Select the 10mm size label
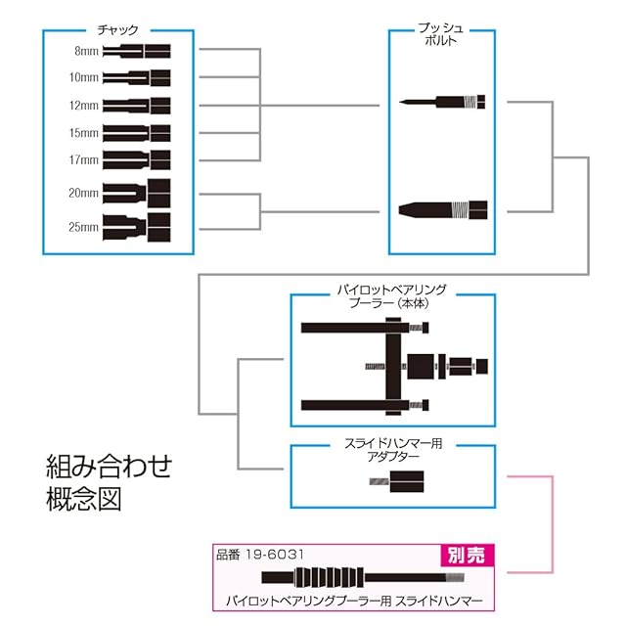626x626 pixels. pyautogui.click(x=83, y=76)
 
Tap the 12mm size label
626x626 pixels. pyautogui.click(x=83, y=104)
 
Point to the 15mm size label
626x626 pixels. pyautogui.click(x=83, y=131)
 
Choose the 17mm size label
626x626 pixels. pyautogui.click(x=83, y=157)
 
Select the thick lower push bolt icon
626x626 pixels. pyautogui.click(x=444, y=207)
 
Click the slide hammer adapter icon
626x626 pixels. pyautogui.click(x=402, y=480)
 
